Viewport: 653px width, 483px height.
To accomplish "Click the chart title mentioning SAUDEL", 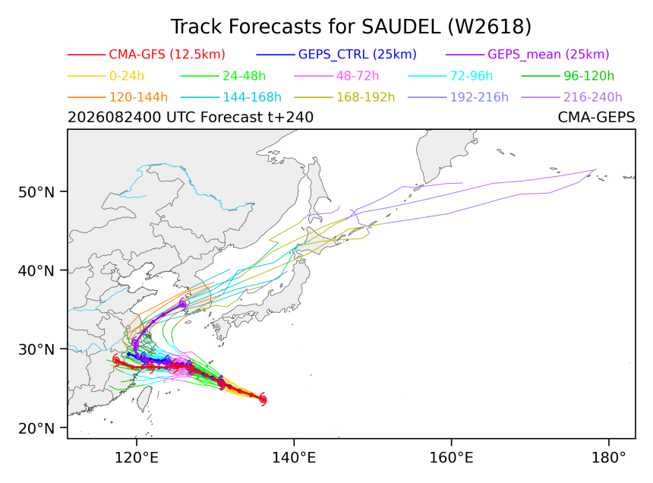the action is coord(351,27).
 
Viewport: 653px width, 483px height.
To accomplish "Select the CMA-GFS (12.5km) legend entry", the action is coord(167,55).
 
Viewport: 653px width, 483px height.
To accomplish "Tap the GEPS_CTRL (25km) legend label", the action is coord(358,55).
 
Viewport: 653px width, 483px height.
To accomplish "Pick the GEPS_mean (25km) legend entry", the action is coord(548,55).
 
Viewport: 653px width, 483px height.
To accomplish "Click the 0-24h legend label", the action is coord(127,76).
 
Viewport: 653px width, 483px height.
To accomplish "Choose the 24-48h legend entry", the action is coord(244,76).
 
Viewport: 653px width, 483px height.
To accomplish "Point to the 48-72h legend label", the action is coord(358,76).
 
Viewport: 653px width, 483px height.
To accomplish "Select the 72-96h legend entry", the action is coord(472,76).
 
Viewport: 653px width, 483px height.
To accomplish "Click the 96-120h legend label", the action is coord(589,76).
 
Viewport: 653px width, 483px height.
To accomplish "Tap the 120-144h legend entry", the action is coord(139,97).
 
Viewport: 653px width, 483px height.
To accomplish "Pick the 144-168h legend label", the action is coord(252,97).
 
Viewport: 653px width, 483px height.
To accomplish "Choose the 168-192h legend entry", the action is coord(366,97).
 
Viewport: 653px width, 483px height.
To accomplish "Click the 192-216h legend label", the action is coord(479,97).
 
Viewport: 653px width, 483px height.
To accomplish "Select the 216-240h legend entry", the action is coord(592,97).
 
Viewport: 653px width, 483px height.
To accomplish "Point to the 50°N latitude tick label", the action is coord(36,192).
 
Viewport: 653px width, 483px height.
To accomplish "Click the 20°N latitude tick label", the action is coord(36,428).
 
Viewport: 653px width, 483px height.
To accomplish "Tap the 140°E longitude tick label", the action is coord(294,458).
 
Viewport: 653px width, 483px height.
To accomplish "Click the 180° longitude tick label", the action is coord(609,458).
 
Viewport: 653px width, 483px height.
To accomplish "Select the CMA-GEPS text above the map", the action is coord(596,118).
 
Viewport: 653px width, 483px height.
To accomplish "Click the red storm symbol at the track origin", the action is coord(263,399).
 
